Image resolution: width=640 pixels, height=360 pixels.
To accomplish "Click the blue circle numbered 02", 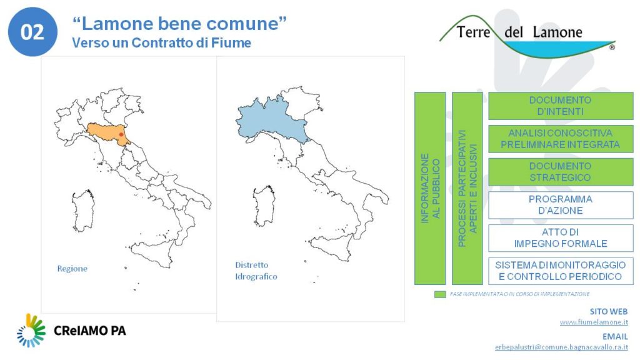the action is (x=32, y=32).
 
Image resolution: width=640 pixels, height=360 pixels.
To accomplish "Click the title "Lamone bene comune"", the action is (x=179, y=23).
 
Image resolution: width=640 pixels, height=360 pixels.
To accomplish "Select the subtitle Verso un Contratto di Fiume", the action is (x=162, y=43).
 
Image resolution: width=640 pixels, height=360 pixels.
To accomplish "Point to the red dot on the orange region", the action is (x=121, y=134).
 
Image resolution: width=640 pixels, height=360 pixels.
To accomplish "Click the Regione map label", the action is (x=72, y=269).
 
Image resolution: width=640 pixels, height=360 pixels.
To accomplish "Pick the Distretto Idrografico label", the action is (x=256, y=271).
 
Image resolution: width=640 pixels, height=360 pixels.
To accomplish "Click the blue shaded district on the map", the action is (x=269, y=121).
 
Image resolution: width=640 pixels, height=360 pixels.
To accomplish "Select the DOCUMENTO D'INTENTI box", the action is (x=561, y=106).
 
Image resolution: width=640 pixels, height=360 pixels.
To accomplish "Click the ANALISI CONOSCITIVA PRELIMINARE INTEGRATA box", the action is (x=561, y=139).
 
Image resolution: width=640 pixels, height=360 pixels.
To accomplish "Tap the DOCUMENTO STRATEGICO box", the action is (x=561, y=172).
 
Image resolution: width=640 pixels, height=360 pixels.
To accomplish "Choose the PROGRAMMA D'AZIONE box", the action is (x=561, y=205).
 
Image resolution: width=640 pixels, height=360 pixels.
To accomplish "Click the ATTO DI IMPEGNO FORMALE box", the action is (x=561, y=238).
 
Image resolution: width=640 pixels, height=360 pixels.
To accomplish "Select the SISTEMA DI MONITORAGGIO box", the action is (x=561, y=271).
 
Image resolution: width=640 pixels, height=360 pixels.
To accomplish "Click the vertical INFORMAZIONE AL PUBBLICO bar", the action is (x=430, y=188).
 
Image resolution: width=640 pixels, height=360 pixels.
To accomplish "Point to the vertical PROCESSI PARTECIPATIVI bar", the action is (x=467, y=188).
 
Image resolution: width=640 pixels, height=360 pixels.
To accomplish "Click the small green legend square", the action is (x=440, y=294).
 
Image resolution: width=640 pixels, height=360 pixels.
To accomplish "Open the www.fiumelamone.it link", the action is (x=594, y=322).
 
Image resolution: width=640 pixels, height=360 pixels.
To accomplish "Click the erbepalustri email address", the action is (x=562, y=347).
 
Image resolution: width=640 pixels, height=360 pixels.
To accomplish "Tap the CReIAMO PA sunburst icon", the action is (x=31, y=331).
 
